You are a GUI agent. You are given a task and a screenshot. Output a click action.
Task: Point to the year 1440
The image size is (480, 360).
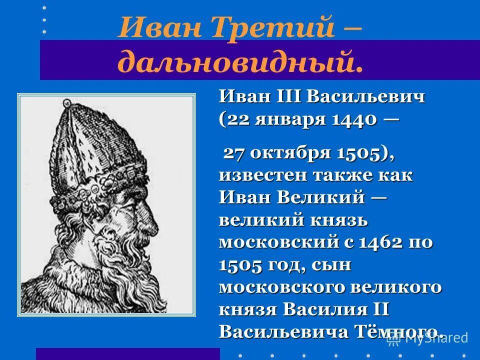[x=358, y=119]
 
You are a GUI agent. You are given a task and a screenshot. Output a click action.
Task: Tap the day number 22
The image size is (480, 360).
[x=240, y=119]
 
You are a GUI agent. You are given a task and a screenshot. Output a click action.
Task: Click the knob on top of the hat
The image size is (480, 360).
[x=66, y=102]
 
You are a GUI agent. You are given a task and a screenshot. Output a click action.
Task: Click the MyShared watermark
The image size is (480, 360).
[x=430, y=338]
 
